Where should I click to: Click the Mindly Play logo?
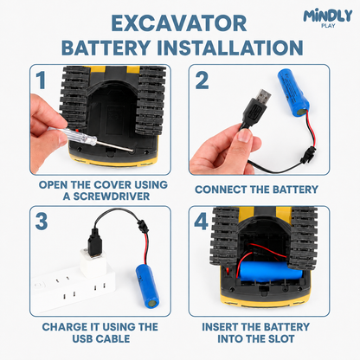(x=328, y=18)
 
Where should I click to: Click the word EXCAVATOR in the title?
(x=179, y=23)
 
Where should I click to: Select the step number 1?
(x=41, y=80)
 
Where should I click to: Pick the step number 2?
(x=202, y=80)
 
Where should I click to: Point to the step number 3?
(x=42, y=222)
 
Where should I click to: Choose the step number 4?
(x=201, y=222)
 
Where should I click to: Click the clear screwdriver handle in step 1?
(x=81, y=136)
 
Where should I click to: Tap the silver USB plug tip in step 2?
(x=263, y=98)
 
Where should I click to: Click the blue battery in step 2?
(x=292, y=93)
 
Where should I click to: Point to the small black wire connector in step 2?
(x=305, y=156)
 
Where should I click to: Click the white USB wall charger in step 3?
(x=93, y=263)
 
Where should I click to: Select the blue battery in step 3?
(x=147, y=286)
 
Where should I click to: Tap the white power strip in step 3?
(x=74, y=289)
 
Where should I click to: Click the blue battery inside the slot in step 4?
(x=271, y=272)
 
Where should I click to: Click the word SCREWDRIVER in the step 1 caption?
(x=112, y=196)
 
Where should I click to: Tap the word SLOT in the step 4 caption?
(x=281, y=338)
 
